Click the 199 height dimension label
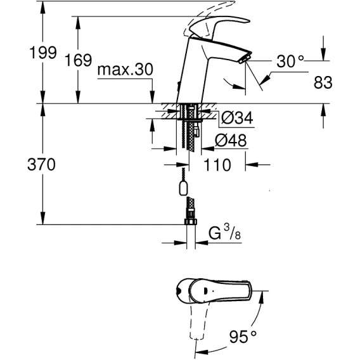click(x=43, y=53)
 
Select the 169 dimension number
click(x=79, y=60)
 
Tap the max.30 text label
click(x=125, y=69)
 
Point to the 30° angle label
click(x=290, y=61)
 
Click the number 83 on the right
click(x=323, y=82)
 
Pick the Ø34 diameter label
click(x=237, y=117)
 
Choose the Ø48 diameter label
click(x=231, y=140)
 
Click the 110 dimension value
click(x=217, y=165)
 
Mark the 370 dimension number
click(x=41, y=164)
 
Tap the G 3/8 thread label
click(x=224, y=233)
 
